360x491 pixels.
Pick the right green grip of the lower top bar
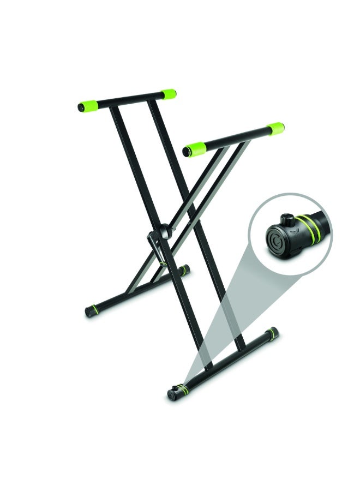(x=275, y=129)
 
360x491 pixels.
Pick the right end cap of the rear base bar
(x=185, y=268)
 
